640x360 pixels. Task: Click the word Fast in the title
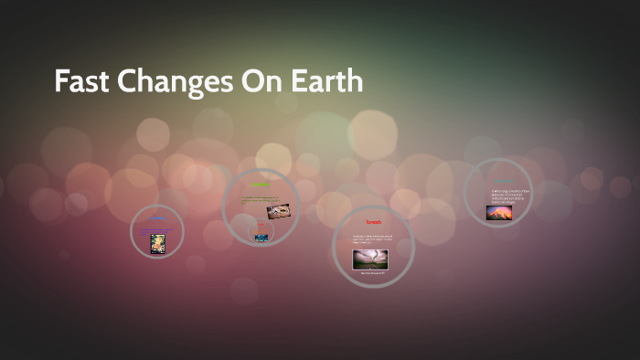(80, 82)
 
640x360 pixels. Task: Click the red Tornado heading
(372, 222)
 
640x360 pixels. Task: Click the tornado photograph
(370, 259)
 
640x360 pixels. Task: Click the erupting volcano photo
(499, 213)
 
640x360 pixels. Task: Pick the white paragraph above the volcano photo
(510, 196)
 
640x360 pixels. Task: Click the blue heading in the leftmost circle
(157, 217)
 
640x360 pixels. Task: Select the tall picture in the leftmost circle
(157, 243)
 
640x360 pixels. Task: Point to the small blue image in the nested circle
(262, 238)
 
